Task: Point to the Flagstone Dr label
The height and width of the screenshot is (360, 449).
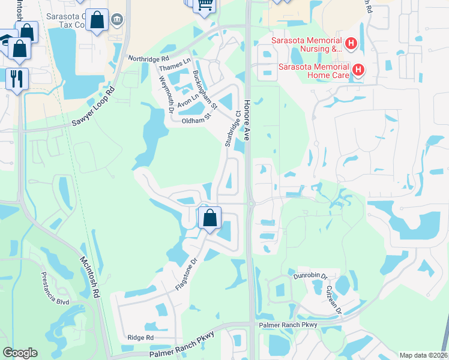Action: [x=186, y=275]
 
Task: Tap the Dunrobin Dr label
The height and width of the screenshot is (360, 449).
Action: [x=310, y=276]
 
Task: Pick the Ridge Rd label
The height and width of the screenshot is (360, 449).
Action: [x=140, y=338]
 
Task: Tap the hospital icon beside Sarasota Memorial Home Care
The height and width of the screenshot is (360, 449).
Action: [x=358, y=70]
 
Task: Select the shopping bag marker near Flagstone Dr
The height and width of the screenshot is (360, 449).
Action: [x=209, y=217]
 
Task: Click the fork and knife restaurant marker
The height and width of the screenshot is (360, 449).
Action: [x=17, y=78]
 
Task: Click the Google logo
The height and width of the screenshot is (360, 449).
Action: [x=20, y=353]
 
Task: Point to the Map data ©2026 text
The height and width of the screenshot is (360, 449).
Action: [x=423, y=355]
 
